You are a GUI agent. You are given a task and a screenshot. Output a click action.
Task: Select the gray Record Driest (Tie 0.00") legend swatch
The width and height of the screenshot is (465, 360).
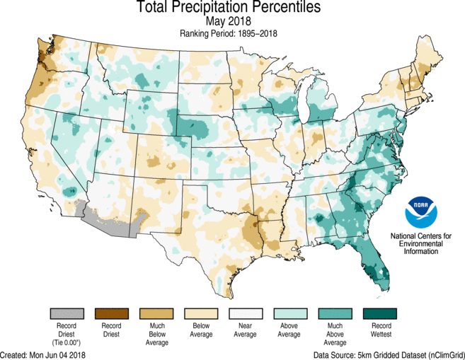tap(67, 313)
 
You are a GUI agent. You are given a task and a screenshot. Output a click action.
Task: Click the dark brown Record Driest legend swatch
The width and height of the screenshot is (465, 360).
tap(112, 313)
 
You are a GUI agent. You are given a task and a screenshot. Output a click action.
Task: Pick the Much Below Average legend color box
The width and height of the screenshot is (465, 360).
tap(156, 313)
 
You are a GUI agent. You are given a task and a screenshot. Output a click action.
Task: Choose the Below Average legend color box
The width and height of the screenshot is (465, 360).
tap(201, 313)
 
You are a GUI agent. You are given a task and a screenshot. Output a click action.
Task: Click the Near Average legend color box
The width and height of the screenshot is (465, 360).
tap(246, 313)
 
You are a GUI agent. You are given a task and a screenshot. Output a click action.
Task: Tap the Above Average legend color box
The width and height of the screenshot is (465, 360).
tap(290, 313)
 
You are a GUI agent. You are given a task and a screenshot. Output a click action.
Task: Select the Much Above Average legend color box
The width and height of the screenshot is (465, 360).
tap(335, 313)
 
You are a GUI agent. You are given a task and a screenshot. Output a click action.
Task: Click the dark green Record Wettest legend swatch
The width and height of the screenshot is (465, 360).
tap(379, 313)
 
